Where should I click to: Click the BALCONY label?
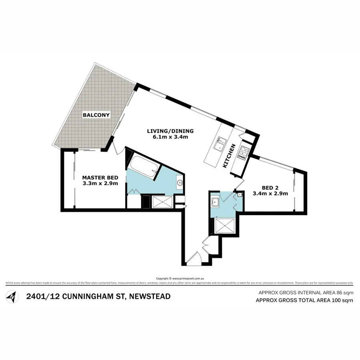(x=96, y=115)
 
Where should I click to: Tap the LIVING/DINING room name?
(x=170, y=131)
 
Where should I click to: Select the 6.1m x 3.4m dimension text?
(x=170, y=137)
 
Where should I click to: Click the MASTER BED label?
(x=100, y=178)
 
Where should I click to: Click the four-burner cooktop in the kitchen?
(x=243, y=152)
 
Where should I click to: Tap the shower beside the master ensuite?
(x=162, y=202)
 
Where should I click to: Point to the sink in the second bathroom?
(x=215, y=201)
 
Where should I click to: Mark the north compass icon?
(x=13, y=297)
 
